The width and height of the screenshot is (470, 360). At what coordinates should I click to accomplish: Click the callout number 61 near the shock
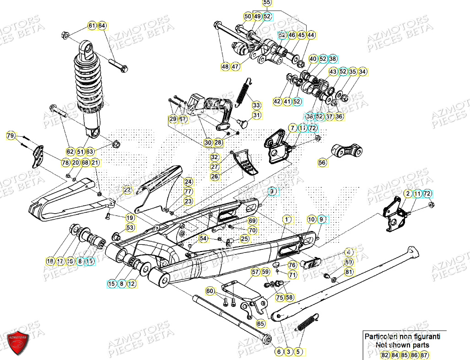92,26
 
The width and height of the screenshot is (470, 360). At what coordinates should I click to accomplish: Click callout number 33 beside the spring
256,105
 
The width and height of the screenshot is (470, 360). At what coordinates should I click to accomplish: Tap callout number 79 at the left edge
11,135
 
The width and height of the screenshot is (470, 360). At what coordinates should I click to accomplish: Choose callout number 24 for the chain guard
188,182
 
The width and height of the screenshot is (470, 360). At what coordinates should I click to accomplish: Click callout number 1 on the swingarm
287,220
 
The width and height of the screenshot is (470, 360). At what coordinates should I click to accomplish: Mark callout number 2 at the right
407,193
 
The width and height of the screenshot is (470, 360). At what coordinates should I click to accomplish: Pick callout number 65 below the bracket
260,324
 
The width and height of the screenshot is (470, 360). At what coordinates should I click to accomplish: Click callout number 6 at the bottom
279,352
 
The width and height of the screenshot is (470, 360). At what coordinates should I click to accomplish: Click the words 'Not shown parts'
402,345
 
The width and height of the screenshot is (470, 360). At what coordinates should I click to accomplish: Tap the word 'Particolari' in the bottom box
379,336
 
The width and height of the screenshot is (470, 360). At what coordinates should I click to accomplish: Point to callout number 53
130,227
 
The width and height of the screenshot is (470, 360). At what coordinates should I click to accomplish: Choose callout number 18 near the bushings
50,261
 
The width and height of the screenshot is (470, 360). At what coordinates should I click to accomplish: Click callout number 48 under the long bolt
225,66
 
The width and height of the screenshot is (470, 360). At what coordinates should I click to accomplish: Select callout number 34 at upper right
362,72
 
